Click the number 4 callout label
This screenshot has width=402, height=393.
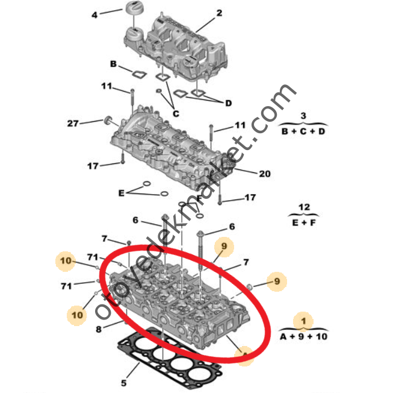coord(94,14)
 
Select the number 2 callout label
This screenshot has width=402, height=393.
coord(219,13)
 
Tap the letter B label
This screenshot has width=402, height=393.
coord(113,64)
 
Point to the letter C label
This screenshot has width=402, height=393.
coord(176,113)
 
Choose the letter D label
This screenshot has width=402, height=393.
coord(228,103)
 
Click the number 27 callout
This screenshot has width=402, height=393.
coord(73,124)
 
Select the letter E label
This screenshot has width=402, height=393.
coord(122,193)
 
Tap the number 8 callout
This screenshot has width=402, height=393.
coord(99,329)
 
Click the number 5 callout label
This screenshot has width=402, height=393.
coord(123,382)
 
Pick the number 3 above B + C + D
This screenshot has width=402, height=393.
coord(303,115)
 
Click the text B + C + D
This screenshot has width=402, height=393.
coord(303,131)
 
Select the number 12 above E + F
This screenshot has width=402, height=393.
coord(305,208)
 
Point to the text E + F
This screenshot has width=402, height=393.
coord(304,223)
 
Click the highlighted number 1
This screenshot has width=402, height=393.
coord(304,321)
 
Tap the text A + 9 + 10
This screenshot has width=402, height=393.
coord(304,336)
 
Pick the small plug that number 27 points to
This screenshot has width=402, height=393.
coord(109,119)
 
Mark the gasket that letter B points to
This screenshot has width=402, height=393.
coord(139,75)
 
